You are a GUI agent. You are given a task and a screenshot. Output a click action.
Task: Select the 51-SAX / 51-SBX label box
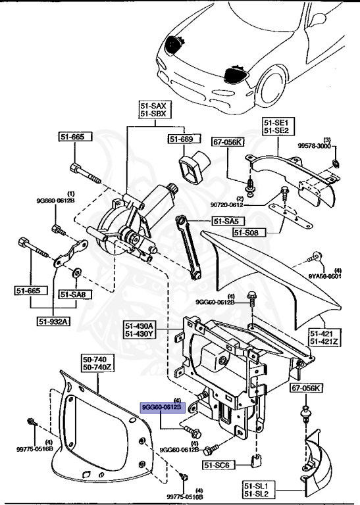pos(152,110)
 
